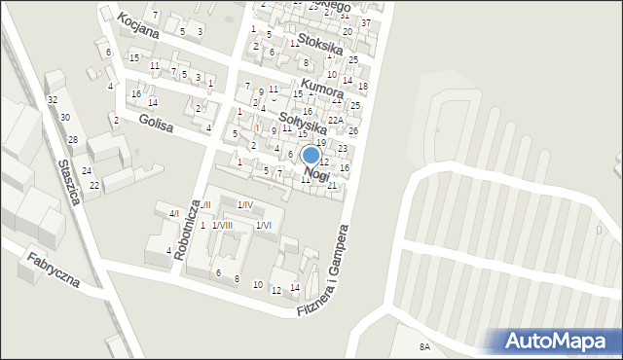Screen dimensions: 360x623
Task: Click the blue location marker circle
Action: (x=311, y=155)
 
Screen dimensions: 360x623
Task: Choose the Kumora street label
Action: (x=321, y=88)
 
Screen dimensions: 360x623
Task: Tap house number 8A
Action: (x=424, y=347)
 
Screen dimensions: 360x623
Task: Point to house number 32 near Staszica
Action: (x=53, y=100)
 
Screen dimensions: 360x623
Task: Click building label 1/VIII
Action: (x=222, y=226)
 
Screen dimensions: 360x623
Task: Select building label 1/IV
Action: (x=245, y=204)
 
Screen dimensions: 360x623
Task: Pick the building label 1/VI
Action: (x=263, y=226)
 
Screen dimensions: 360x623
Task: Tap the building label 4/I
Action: (x=174, y=213)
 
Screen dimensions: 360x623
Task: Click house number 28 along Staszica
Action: (x=72, y=140)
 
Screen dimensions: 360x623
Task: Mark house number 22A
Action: (x=334, y=120)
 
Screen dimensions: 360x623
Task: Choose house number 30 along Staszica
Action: (x=64, y=118)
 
